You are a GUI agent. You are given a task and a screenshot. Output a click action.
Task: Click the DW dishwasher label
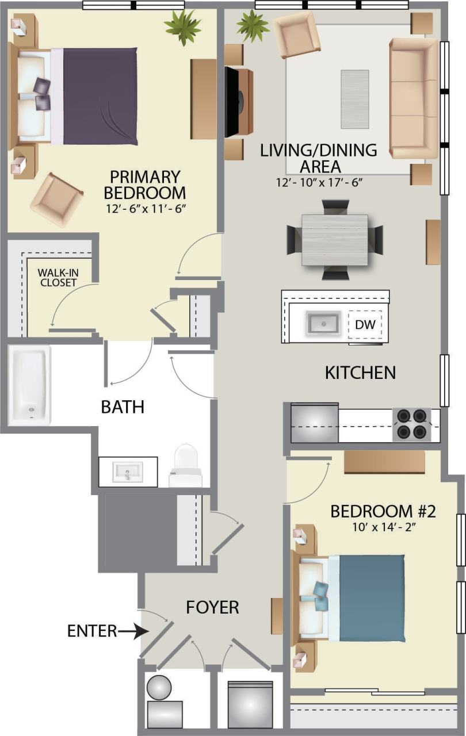point(365,325)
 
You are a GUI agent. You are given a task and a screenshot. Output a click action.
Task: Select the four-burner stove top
point(412,424)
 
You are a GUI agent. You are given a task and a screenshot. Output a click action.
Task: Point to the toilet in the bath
point(185,463)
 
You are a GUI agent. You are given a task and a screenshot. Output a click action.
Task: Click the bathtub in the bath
point(30,385)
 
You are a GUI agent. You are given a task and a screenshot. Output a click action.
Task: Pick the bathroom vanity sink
point(127,473)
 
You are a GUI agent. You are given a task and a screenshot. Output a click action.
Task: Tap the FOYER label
point(212,607)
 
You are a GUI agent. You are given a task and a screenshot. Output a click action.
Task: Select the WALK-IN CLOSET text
point(57,277)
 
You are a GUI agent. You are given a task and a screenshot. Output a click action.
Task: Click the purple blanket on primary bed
point(100,96)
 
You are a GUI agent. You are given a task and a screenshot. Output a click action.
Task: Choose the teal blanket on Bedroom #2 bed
point(372,598)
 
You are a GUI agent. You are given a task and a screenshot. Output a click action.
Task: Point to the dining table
point(335,239)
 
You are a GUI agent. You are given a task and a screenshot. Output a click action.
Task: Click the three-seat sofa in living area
point(414,98)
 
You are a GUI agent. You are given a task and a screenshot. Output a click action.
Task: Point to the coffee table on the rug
point(354,99)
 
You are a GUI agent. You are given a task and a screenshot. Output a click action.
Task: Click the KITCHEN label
point(360,373)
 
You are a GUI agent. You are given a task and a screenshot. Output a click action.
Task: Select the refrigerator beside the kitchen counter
point(314,423)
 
